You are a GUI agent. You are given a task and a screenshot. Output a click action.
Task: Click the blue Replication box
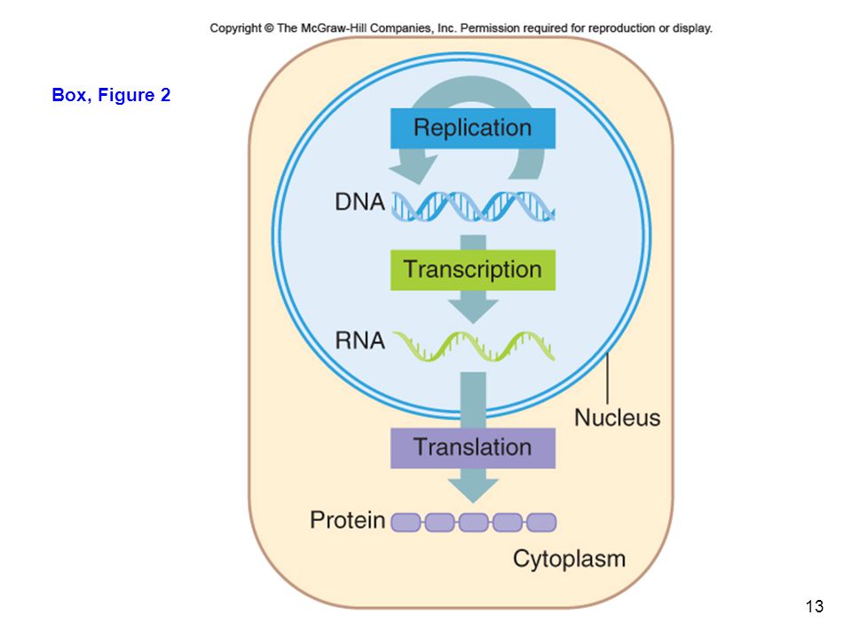pyautogui.click(x=473, y=128)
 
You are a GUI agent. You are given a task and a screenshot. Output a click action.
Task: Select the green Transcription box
pyautogui.click(x=473, y=270)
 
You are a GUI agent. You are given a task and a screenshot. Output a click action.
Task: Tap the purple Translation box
pyautogui.click(x=473, y=447)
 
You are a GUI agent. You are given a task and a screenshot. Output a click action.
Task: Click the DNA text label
pyautogui.click(x=359, y=202)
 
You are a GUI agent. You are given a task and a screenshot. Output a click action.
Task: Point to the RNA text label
pyautogui.click(x=359, y=341)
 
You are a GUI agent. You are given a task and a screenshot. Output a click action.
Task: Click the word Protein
pyautogui.click(x=348, y=520)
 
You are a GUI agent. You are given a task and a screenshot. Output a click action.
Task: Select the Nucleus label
pyautogui.click(x=618, y=418)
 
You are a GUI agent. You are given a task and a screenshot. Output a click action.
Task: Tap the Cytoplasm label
pyautogui.click(x=569, y=559)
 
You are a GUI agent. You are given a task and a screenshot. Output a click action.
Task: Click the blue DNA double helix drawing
pyautogui.click(x=473, y=207)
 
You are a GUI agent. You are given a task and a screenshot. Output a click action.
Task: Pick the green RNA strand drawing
pyautogui.click(x=473, y=346)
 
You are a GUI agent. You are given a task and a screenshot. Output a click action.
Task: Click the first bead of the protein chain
pyautogui.click(x=406, y=522)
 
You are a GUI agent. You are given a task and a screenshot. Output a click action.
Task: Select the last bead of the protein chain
pyautogui.click(x=541, y=522)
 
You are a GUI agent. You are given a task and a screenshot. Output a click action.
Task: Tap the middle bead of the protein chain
pyautogui.click(x=473, y=522)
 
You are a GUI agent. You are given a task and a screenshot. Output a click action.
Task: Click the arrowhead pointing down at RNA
pyautogui.click(x=473, y=311)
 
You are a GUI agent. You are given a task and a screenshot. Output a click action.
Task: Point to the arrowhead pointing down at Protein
pyautogui.click(x=473, y=490)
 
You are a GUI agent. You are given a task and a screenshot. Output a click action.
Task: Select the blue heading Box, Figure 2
pyautogui.click(x=111, y=95)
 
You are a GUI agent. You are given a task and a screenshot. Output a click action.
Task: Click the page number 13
pyautogui.click(x=815, y=606)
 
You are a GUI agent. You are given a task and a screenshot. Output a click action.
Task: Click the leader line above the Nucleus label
pyautogui.click(x=607, y=378)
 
